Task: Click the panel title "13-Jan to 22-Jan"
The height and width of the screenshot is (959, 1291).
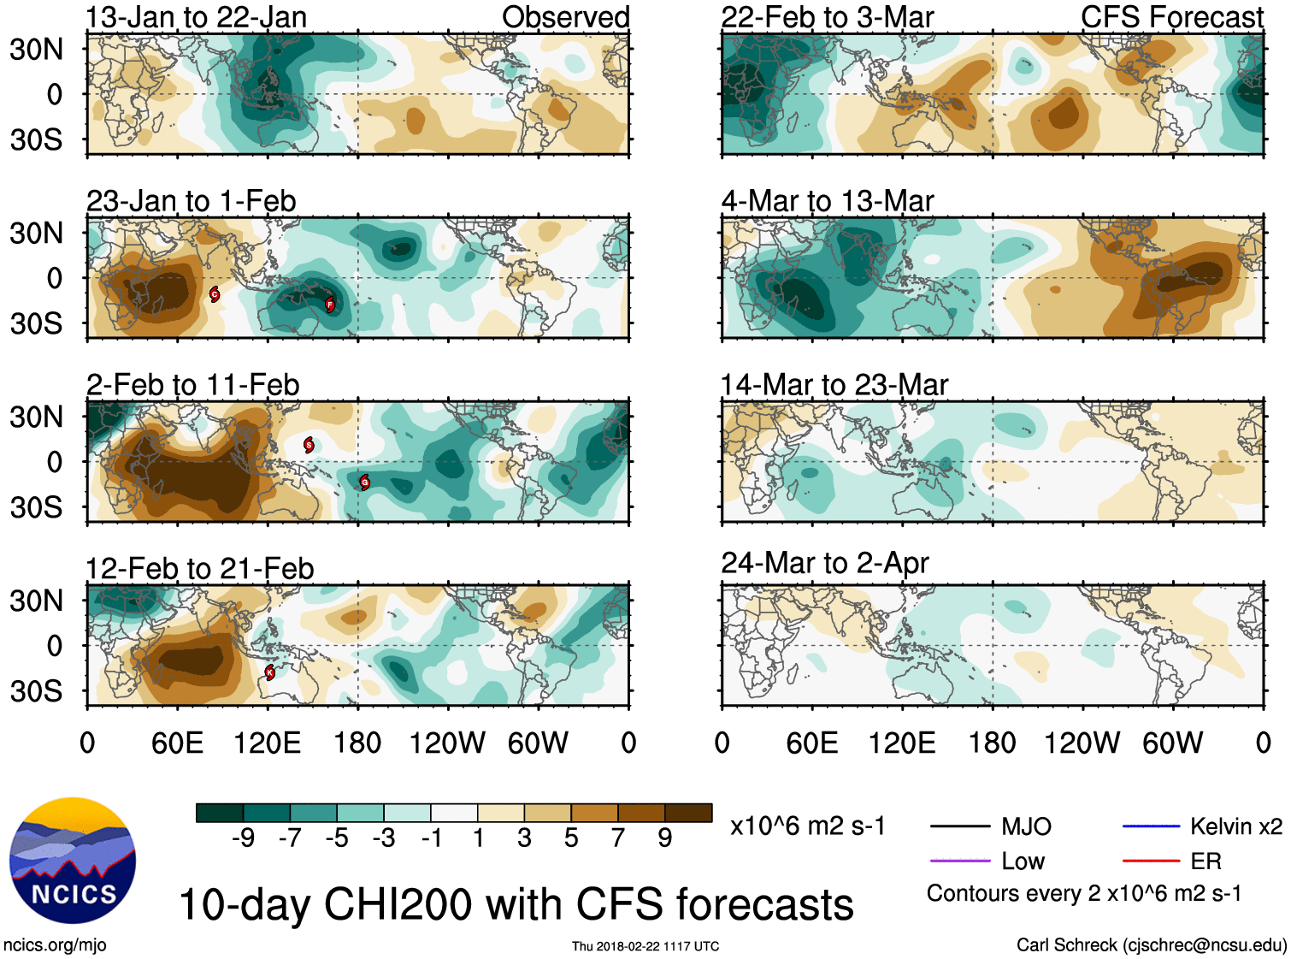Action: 197,17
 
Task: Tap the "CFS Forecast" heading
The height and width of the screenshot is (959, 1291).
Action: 1171,17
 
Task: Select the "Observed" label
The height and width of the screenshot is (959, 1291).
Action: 565,17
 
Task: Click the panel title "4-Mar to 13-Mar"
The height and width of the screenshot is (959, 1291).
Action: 827,201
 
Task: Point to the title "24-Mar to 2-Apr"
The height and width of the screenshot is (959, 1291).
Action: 824,563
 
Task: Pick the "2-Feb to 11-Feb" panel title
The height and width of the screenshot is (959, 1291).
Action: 193,385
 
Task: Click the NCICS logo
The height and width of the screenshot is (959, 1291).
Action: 73,861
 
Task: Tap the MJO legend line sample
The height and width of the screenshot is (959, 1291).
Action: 959,826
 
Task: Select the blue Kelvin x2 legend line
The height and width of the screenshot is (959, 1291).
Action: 1151,826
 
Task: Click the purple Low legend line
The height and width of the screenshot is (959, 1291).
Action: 959,861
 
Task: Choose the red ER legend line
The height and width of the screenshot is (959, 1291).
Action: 1151,861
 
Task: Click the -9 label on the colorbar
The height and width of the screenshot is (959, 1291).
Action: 243,838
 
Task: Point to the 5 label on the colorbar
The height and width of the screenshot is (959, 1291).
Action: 571,838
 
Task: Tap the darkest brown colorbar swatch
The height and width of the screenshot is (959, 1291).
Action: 688,813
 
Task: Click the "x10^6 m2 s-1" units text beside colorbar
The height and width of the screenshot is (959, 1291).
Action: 808,826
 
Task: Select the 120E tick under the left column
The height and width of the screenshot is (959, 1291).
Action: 268,743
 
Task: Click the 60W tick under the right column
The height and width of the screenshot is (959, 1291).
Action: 1172,743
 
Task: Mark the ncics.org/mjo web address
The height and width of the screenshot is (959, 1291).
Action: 55,945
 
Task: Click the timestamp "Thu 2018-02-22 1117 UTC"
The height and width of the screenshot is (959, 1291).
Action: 645,946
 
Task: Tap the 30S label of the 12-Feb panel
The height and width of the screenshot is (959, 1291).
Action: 36,690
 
